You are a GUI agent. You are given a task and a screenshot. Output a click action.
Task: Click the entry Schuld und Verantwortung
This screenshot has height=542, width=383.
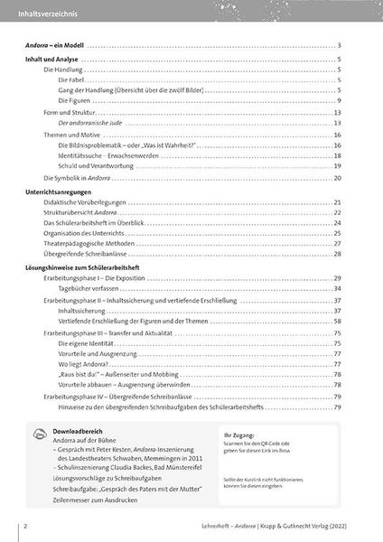[x=97, y=165]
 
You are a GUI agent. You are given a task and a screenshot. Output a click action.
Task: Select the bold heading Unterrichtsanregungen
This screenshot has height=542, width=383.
[x=59, y=192]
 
